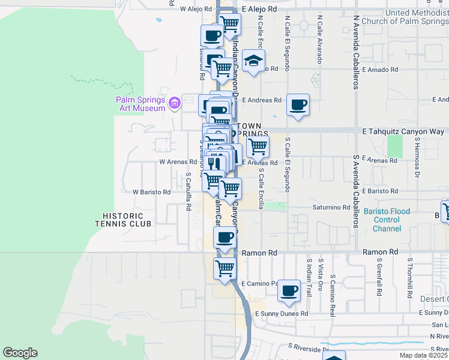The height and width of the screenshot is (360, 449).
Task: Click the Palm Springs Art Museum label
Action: (140, 104)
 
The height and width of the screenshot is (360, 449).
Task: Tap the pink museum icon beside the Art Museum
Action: (175, 104)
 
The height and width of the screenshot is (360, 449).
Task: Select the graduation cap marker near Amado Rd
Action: (254, 61)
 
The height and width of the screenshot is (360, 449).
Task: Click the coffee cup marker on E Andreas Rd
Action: (298, 105)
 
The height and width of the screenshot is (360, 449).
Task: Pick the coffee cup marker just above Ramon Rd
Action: (225, 237)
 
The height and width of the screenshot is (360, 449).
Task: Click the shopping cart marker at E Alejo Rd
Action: (229, 24)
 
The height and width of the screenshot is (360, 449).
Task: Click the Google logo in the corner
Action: (20, 353)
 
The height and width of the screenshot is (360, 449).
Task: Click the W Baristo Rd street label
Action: (151, 193)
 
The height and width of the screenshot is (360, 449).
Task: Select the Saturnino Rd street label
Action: (331, 208)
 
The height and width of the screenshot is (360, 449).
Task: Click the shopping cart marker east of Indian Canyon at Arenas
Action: (258, 146)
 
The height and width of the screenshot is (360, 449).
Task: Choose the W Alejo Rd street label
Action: (197, 10)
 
